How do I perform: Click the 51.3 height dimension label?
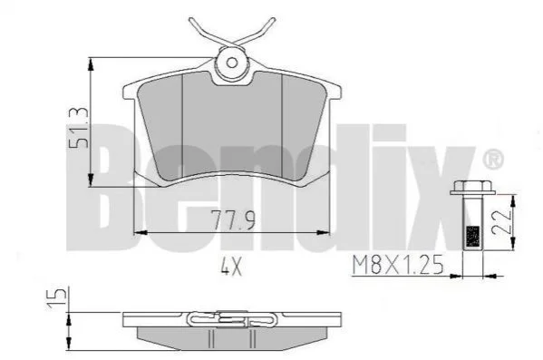coord(78,128)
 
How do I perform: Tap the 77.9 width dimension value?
coord(233,220)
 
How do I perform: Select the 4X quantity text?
coord(231,268)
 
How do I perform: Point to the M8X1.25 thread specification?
coord(398,265)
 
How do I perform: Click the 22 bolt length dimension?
coord(501,222)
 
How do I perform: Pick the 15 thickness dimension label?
coord(57,297)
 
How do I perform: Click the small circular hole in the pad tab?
coord(232,63)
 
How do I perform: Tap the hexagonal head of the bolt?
coord(472,188)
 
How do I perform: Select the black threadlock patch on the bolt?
coord(473,237)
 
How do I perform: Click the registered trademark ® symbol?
coord(493,159)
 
